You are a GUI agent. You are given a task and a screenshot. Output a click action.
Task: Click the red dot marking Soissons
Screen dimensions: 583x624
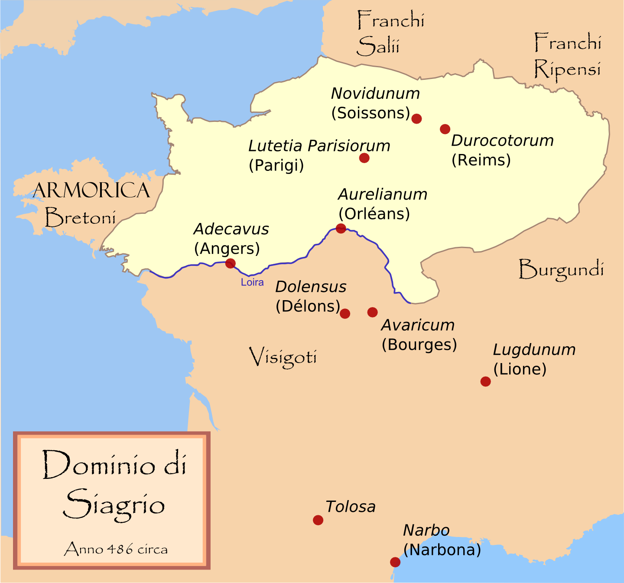[x=416, y=118]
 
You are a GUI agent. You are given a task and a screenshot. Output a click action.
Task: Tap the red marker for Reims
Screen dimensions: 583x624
[x=445, y=129]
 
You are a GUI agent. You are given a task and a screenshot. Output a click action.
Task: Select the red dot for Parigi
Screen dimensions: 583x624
[x=364, y=158]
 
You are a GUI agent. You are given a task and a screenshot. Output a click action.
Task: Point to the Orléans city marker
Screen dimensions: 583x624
[x=341, y=228]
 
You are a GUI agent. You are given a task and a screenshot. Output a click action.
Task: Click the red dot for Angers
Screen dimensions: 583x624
[x=231, y=263]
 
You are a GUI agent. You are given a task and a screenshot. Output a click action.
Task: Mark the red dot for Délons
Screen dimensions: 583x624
[x=345, y=314]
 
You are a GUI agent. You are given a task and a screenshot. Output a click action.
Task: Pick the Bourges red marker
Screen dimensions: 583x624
[x=372, y=312]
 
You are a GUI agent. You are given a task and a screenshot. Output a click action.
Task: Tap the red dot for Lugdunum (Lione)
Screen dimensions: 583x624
[x=485, y=381]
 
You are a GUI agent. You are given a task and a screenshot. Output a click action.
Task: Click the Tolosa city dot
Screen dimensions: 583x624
[x=318, y=520]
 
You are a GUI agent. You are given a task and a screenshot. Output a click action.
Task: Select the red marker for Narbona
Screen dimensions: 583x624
[x=395, y=562]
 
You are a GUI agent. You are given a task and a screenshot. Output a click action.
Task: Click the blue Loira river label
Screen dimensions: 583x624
[x=252, y=282]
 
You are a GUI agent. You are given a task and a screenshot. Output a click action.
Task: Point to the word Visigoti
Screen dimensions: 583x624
[x=283, y=357]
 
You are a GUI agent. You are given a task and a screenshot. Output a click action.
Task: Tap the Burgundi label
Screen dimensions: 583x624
[x=561, y=270]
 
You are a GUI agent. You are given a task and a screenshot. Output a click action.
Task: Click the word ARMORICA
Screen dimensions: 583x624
[x=91, y=190]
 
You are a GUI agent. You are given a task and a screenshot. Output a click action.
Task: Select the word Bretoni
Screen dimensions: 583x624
[x=81, y=217]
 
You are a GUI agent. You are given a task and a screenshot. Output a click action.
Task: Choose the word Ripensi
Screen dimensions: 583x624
[x=567, y=69]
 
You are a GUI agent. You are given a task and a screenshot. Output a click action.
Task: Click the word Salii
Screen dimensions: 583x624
[x=378, y=46]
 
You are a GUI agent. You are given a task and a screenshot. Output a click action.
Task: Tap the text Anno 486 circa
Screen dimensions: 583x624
[x=116, y=549]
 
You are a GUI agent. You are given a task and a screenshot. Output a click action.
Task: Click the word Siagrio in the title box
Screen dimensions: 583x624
[x=114, y=505]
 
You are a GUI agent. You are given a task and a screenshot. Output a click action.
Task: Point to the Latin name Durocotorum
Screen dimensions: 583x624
[x=502, y=141]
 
